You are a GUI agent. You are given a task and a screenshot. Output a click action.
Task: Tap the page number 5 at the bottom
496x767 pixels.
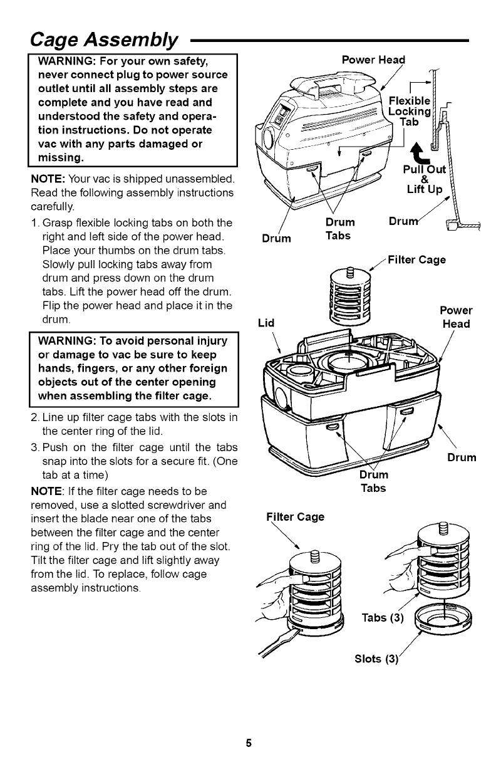pos(248,744)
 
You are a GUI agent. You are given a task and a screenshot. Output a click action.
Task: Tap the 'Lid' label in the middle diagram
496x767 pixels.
pos(266,323)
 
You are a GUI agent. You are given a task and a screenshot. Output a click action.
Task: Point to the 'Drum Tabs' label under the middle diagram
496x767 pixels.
pos(373,481)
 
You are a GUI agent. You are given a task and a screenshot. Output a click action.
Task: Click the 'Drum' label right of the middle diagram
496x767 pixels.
pos(462,457)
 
